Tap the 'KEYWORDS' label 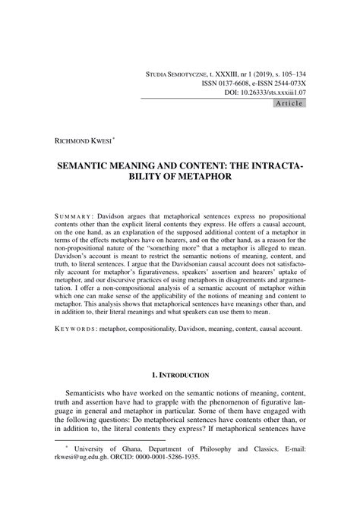click(76, 330)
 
